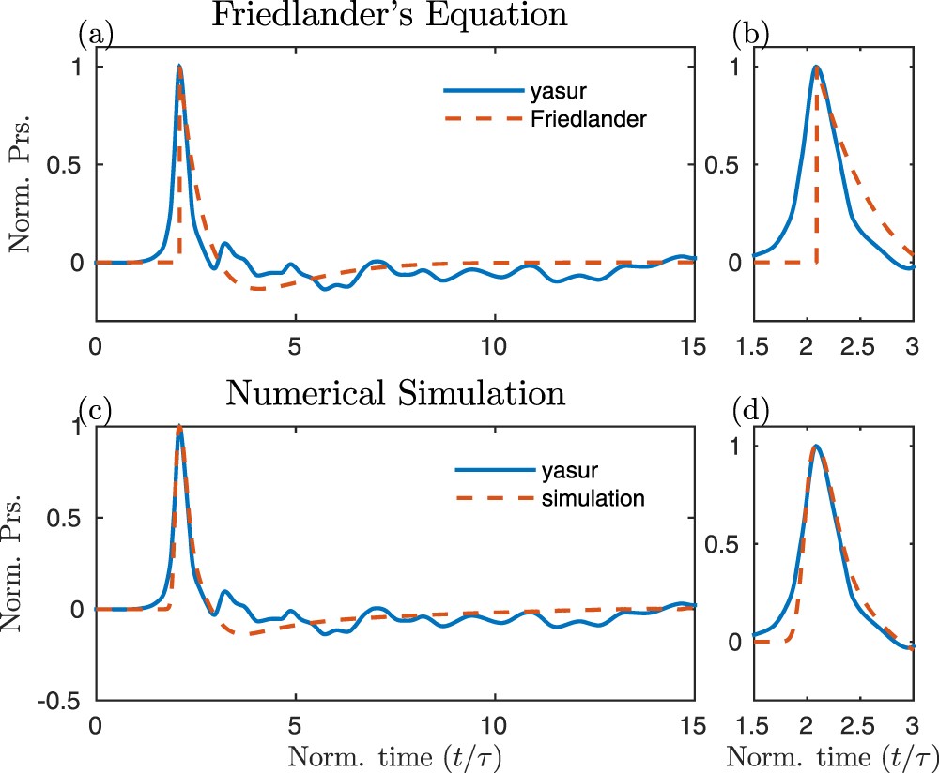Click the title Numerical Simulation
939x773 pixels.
coord(395,393)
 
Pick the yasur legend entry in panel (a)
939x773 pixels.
coord(574,91)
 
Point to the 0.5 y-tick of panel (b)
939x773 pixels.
coord(714,165)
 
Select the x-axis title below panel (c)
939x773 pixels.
coord(395,753)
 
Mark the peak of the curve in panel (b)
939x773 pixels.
coord(817,67)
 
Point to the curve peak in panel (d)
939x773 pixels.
coord(817,446)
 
